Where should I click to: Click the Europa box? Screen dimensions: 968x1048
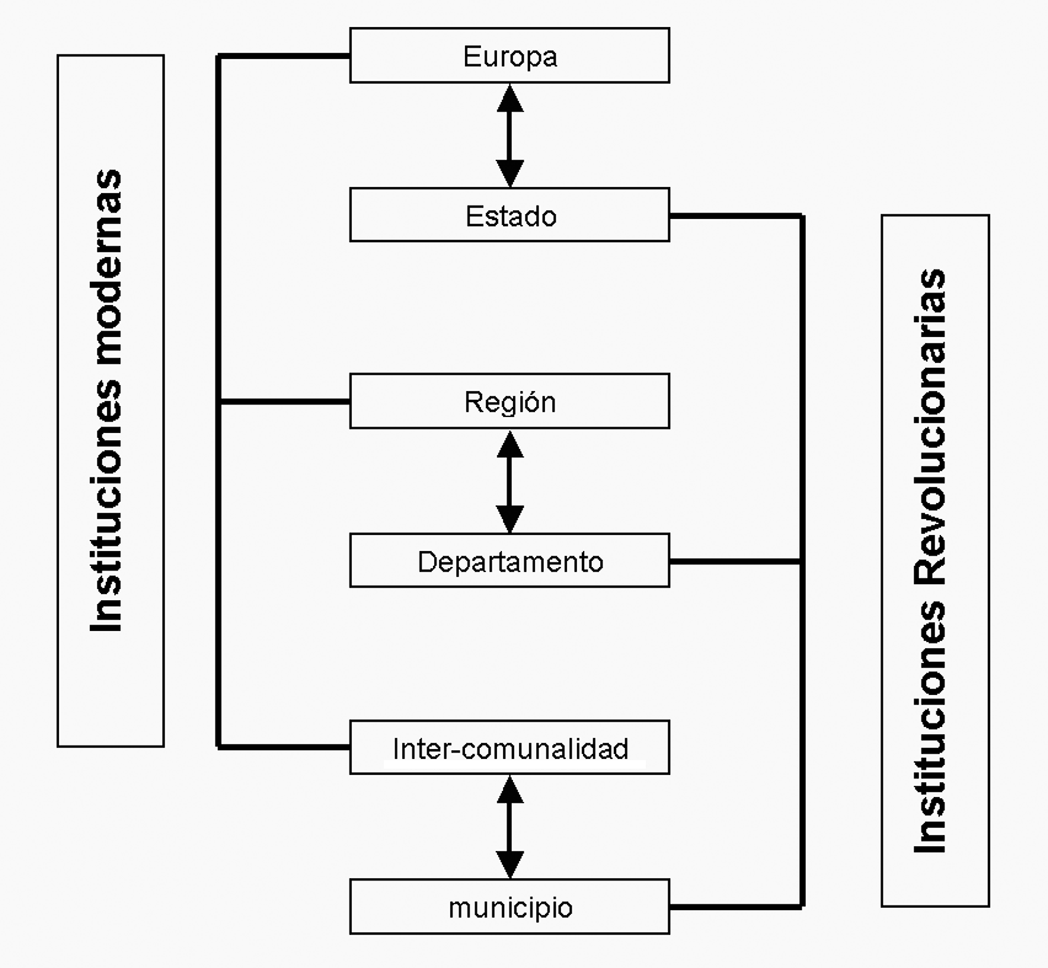pyautogui.click(x=509, y=55)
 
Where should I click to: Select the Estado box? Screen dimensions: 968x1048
pyautogui.click(x=509, y=215)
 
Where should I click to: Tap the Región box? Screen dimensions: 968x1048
pyautogui.click(x=509, y=401)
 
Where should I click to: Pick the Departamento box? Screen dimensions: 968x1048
pyautogui.click(x=509, y=561)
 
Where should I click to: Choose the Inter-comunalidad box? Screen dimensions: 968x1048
pyautogui.click(x=509, y=747)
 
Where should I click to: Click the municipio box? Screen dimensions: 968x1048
pyautogui.click(x=509, y=907)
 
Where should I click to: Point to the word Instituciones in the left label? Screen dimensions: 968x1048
pyautogui.click(x=107, y=507)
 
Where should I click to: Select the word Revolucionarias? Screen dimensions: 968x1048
pyautogui.click(x=931, y=427)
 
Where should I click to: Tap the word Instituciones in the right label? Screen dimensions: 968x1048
pyautogui.click(x=931, y=727)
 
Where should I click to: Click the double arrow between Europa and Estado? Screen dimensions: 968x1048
pyautogui.click(x=510, y=135)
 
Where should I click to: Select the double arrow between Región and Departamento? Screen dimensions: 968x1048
pyautogui.click(x=510, y=481)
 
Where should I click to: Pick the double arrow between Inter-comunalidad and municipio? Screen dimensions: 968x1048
pyautogui.click(x=510, y=827)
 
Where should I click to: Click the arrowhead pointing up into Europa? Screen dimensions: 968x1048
pyautogui.click(x=510, y=98)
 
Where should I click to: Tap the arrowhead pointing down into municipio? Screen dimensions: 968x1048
pyautogui.click(x=510, y=865)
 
